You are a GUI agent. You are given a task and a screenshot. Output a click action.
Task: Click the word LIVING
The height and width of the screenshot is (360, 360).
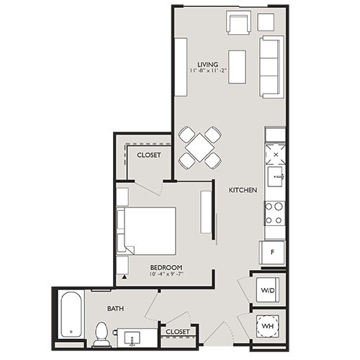click(x=208, y=63)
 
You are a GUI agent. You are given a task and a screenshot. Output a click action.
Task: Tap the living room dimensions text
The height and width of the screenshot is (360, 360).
click(x=208, y=71)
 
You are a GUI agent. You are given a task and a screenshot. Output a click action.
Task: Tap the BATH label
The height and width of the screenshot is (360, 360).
click(x=114, y=308)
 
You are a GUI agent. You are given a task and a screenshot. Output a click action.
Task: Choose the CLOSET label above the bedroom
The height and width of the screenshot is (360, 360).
click(x=149, y=155)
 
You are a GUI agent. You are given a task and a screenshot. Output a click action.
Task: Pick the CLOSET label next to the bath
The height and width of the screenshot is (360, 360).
click(x=177, y=331)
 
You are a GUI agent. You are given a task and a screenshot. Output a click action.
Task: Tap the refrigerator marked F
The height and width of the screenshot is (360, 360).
click(x=271, y=253)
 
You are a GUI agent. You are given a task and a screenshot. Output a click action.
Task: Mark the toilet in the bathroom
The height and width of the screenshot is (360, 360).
click(x=102, y=332)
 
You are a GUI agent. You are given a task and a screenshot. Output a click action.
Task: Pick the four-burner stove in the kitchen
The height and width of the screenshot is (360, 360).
click(x=274, y=212)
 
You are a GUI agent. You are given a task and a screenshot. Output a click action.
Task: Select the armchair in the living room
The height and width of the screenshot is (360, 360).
click(x=238, y=23)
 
